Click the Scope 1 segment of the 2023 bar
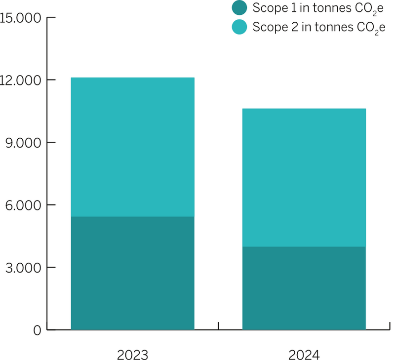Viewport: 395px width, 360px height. (132, 273)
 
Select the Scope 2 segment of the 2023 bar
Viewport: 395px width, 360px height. (132, 147)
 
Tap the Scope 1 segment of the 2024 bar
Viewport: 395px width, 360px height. (304, 288)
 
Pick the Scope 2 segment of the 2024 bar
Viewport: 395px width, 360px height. (304, 177)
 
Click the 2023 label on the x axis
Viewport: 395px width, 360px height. (132, 355)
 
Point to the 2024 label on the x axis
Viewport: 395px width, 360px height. (304, 355)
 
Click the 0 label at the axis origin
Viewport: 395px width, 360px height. (38, 330)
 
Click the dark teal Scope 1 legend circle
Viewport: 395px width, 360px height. (239, 8)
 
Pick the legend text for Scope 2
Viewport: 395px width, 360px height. (318, 27)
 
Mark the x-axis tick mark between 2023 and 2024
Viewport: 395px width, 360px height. (218, 326)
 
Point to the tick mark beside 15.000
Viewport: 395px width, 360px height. (51, 18)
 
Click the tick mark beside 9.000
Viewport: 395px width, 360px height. (51, 143)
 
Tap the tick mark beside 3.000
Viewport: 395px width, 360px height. (51, 268)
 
